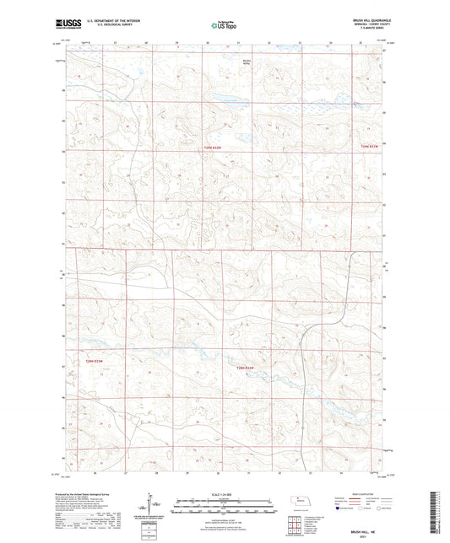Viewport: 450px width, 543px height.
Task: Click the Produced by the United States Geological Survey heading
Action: [x=98, y=495]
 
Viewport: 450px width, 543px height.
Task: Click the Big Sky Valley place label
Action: [x=247, y=61]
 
